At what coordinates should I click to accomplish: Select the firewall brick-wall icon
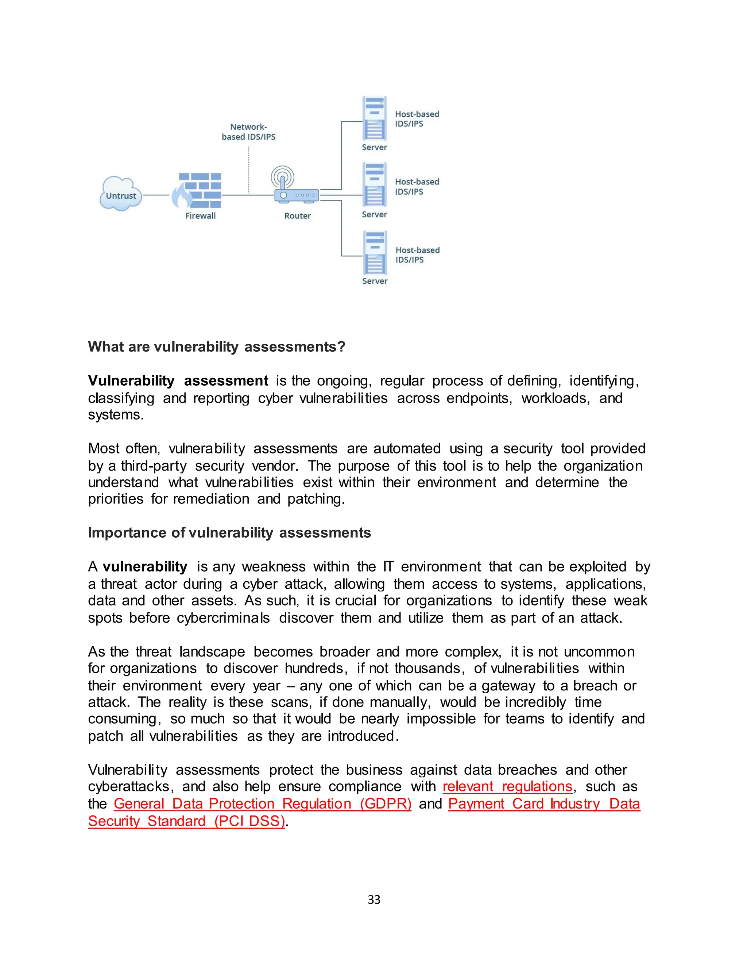[197, 190]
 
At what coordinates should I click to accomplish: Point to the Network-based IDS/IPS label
[248, 132]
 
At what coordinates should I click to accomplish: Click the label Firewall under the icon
[200, 216]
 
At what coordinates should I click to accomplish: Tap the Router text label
[297, 216]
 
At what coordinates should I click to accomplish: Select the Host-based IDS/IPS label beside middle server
[417, 187]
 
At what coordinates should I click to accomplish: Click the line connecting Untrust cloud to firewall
[156, 195]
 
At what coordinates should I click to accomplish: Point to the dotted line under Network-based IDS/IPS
[249, 170]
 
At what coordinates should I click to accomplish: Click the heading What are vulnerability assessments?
[216, 347]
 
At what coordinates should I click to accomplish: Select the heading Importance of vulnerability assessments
[229, 533]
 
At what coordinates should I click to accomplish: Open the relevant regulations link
[507, 786]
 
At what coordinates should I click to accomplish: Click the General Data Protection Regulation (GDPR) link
[262, 804]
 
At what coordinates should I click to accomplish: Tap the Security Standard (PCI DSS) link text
[186, 821]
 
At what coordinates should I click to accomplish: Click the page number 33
[374, 900]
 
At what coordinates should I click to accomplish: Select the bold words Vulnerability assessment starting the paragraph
[178, 381]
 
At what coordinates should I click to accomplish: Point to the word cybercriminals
[223, 618]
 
